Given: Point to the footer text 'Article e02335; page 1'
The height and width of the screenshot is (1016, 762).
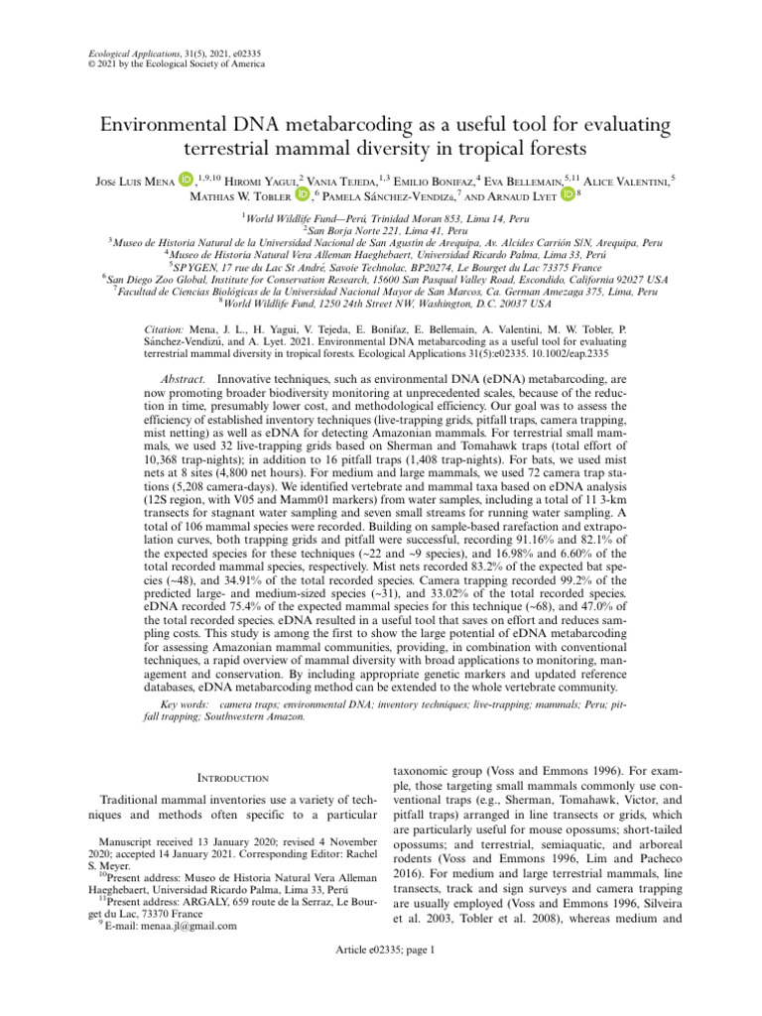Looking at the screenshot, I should (381, 977).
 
